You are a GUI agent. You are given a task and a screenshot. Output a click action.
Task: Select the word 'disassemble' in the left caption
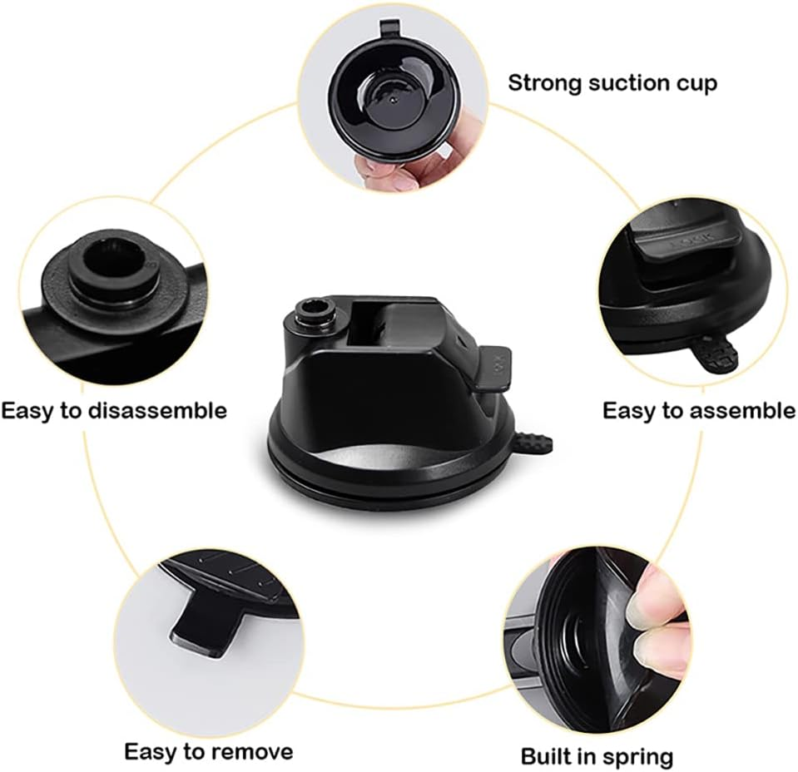tap(158, 410)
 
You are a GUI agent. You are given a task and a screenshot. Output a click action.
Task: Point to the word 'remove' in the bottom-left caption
tap(252, 751)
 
